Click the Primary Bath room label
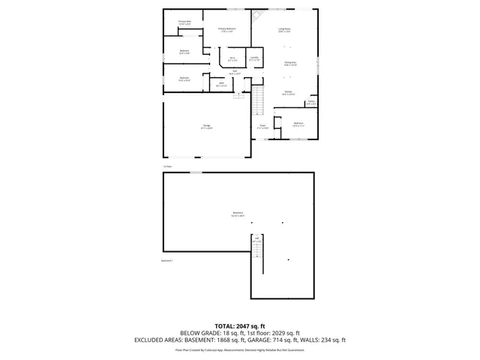[184, 22]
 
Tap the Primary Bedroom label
[226, 30]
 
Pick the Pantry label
[310, 103]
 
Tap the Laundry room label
[254, 58]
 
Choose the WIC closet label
[232, 58]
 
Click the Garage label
[206, 126]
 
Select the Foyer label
[262, 126]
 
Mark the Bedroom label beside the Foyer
[298, 124]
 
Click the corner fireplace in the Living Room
[258, 15]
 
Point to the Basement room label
[238, 214]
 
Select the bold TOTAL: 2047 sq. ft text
[240, 326]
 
